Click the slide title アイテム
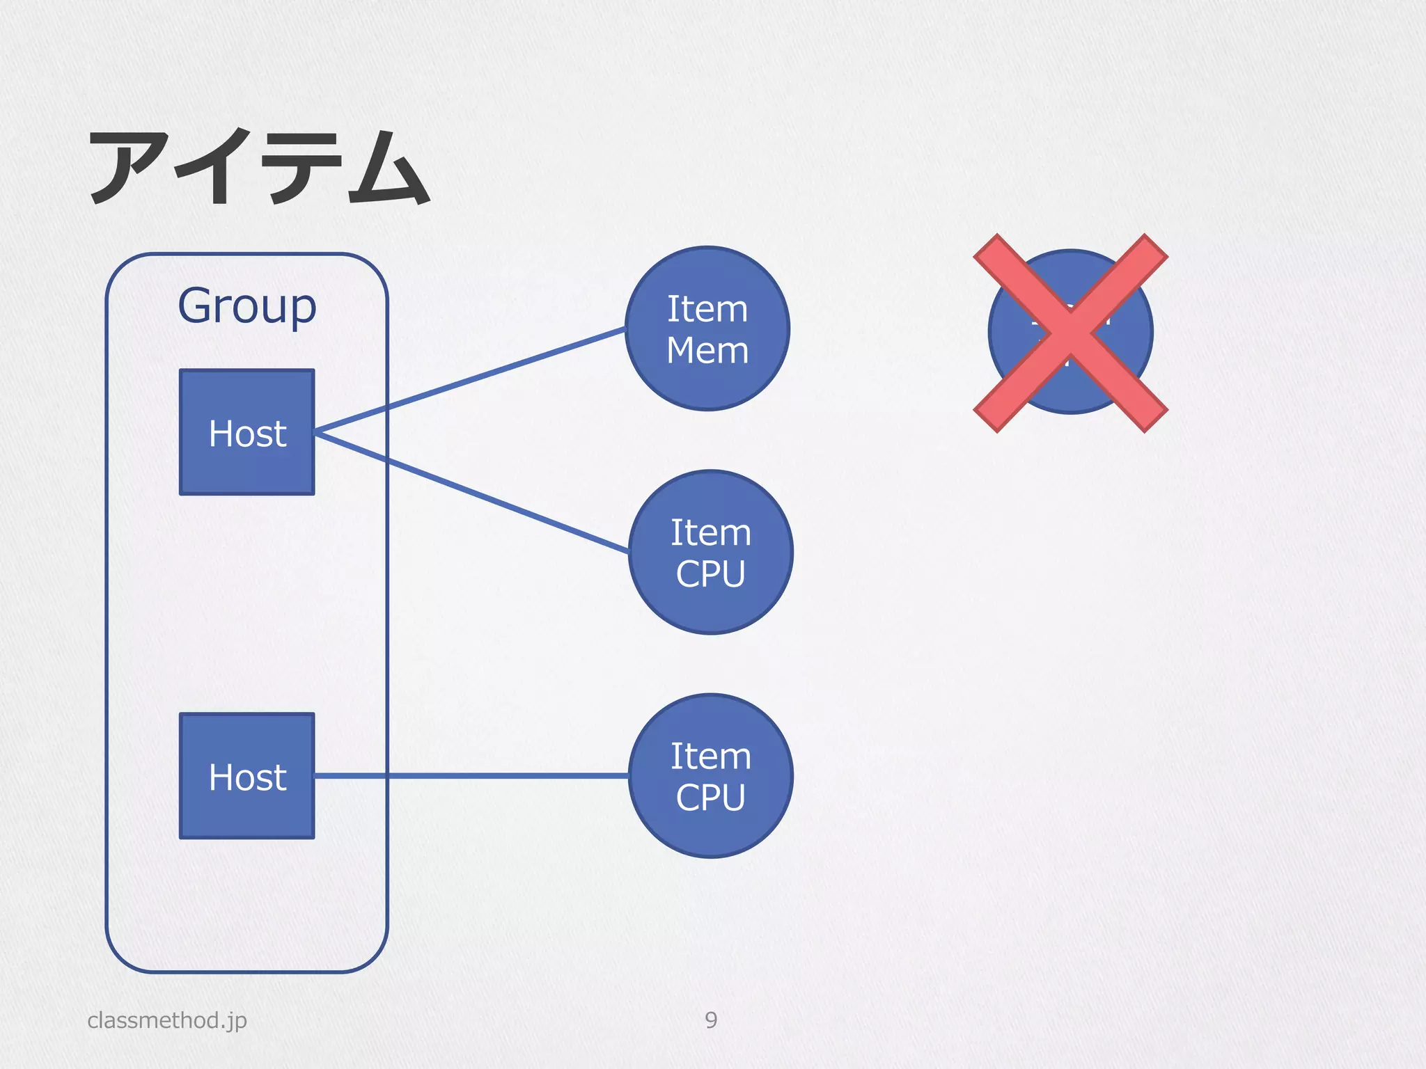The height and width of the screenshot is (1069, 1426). pos(259,168)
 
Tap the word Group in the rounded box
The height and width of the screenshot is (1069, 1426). pos(247,306)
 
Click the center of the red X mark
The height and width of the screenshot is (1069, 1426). pos(1070,333)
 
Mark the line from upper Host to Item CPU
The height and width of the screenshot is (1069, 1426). pos(473,493)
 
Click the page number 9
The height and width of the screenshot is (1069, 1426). pos(710,1020)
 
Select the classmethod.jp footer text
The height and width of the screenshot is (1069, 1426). pos(167,1020)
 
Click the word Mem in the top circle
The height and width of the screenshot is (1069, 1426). pos(707,350)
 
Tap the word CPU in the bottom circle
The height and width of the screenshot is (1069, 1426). pos(710,798)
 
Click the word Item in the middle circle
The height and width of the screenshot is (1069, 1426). pos(710,533)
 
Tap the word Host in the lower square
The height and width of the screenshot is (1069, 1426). pos(247,777)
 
